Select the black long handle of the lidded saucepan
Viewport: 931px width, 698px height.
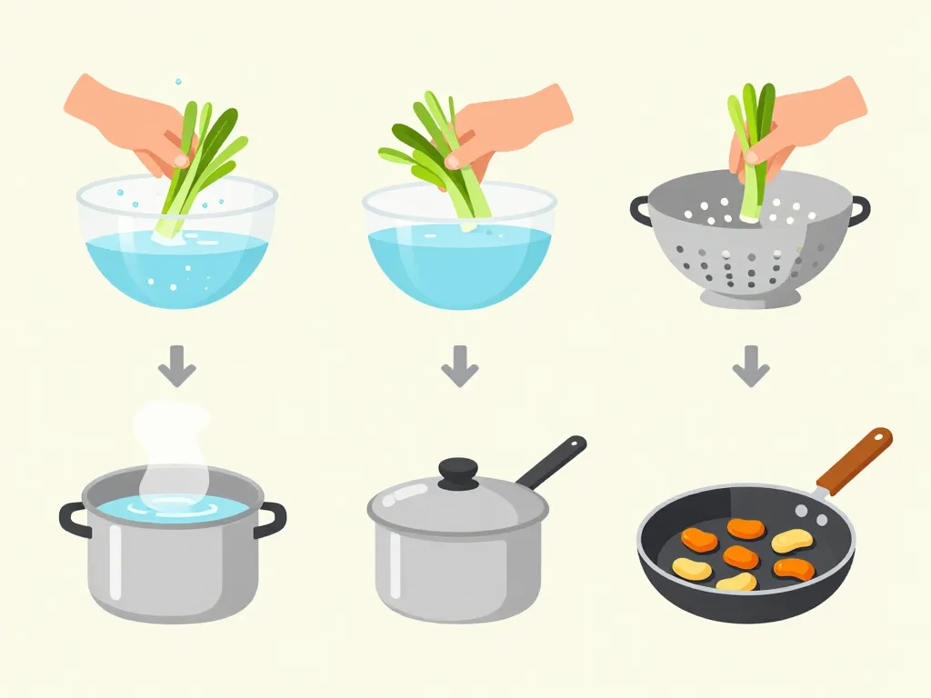point(551,462)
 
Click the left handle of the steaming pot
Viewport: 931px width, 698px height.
point(73,517)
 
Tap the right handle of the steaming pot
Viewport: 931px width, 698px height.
point(271,519)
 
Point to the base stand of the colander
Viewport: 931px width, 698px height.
point(750,297)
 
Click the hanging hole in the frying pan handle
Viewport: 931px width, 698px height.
point(878,439)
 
